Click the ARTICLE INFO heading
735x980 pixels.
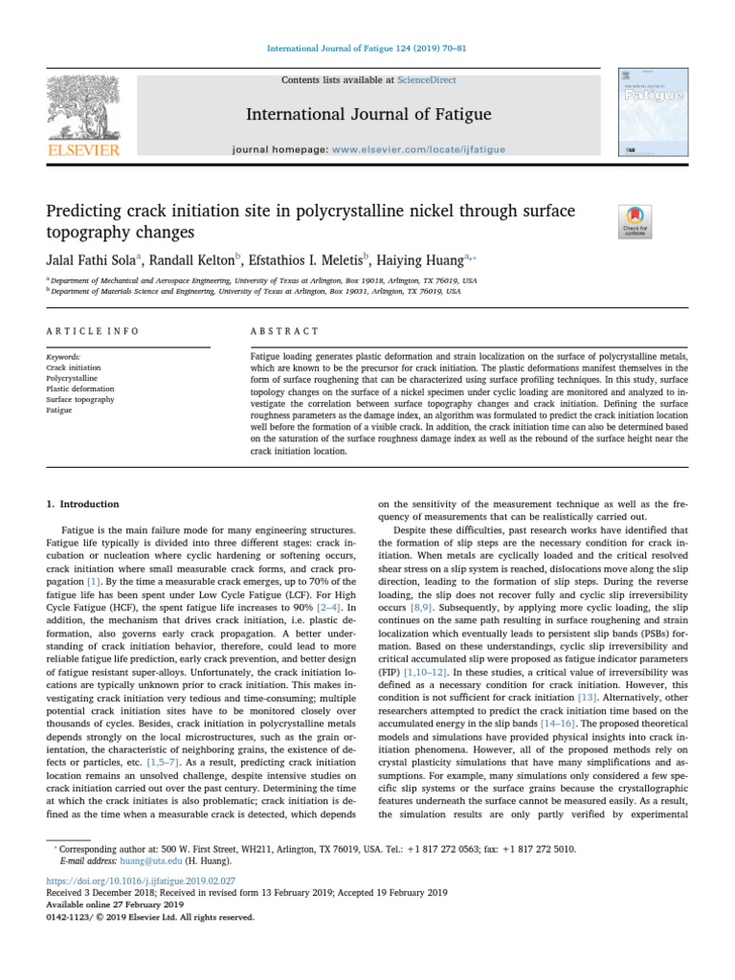pos(93,331)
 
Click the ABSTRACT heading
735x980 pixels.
pos(284,331)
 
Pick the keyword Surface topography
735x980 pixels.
pos(80,399)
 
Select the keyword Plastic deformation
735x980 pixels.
pos(80,389)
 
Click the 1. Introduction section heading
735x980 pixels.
pos(83,503)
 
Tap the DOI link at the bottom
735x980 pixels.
pos(142,881)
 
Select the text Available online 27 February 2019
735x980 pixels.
pos(114,904)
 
